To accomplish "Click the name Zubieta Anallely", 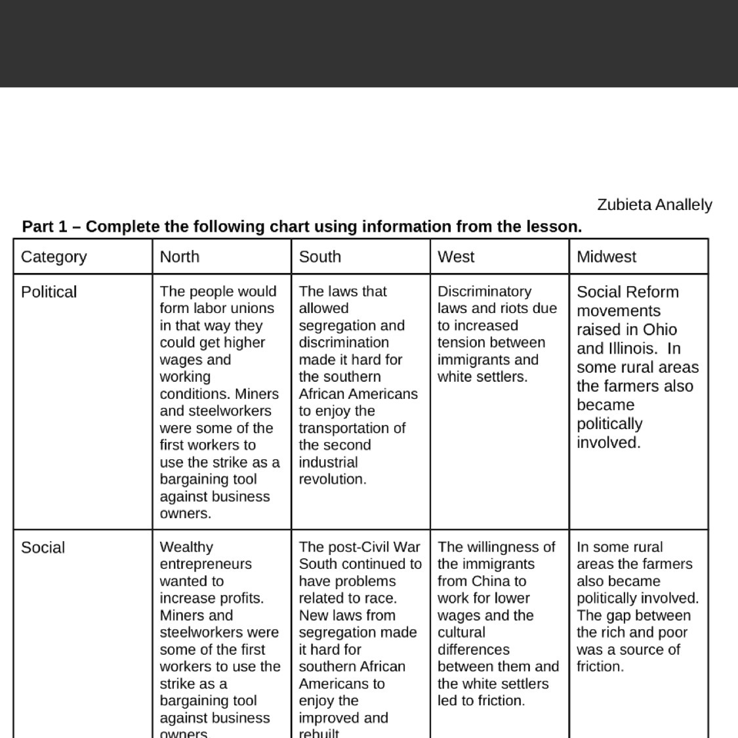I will tap(654, 205).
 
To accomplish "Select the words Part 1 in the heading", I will tap(45, 227).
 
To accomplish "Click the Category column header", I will tap(54, 256).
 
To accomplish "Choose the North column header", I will tap(179, 256).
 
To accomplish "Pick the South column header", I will tap(319, 256).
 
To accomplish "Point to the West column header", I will tap(456, 256).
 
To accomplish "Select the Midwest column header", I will tap(606, 256).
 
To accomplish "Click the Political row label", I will tap(49, 292).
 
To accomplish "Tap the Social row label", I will tap(43, 548).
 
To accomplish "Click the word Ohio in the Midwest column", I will tap(659, 330).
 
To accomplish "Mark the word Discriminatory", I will tap(484, 291).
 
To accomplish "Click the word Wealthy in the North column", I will tap(186, 547).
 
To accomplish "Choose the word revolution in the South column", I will tap(332, 479).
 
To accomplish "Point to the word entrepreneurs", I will tap(205, 564).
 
